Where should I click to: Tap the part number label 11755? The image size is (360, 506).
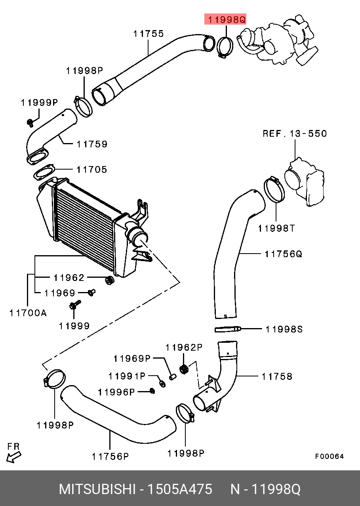click(x=149, y=34)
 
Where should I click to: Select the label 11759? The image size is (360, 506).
click(x=92, y=144)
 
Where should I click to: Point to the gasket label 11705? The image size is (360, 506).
click(x=92, y=170)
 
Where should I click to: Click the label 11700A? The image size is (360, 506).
click(x=28, y=313)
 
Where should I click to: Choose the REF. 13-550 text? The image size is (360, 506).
click(x=295, y=134)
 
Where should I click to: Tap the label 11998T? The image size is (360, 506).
click(x=276, y=228)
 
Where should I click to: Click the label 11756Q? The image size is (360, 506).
click(x=283, y=254)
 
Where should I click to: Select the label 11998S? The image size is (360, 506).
click(x=284, y=329)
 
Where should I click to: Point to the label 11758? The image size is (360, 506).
click(x=277, y=376)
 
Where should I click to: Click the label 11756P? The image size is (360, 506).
click(x=110, y=456)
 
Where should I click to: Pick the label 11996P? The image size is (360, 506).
click(x=116, y=392)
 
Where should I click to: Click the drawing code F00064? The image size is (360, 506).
click(x=330, y=456)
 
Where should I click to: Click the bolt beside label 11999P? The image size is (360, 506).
click(x=30, y=123)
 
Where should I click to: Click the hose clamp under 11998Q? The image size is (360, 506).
click(x=225, y=47)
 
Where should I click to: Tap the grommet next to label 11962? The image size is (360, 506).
click(x=110, y=280)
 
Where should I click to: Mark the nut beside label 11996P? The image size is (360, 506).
click(x=152, y=391)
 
